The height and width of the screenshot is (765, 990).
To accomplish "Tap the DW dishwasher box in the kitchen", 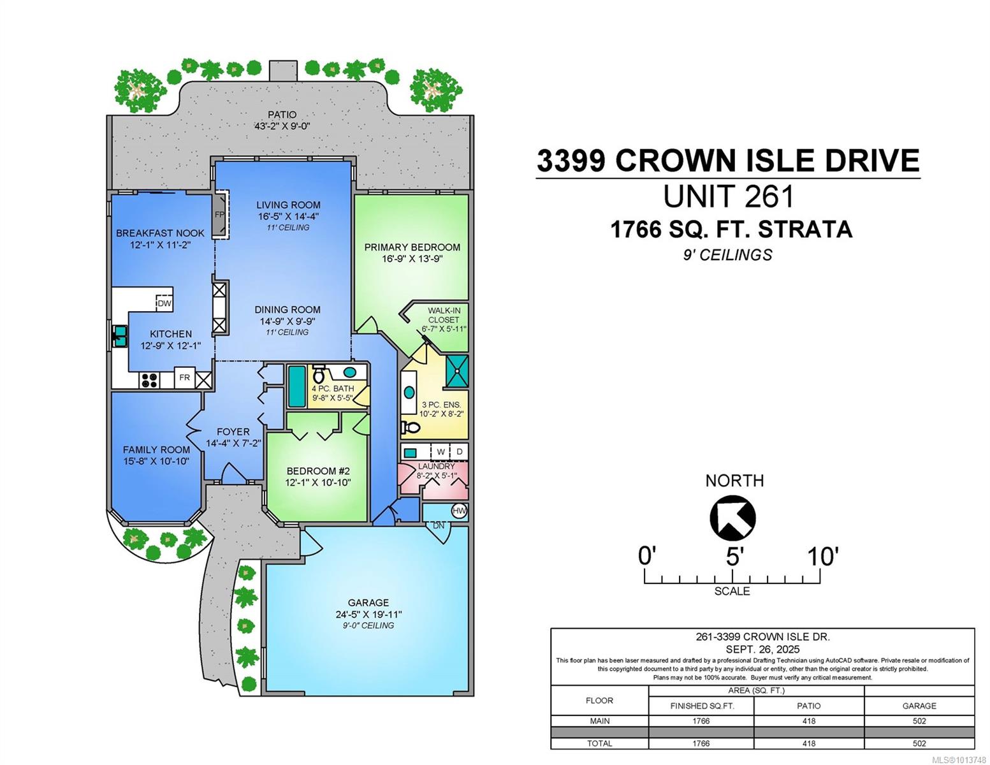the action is coord(164,303).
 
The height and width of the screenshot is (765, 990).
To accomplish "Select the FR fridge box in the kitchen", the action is coord(184,377).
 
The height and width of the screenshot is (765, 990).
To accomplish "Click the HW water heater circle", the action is coord(459,511).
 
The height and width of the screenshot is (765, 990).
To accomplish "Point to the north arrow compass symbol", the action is coord(732,518).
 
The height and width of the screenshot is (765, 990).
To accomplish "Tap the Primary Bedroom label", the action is coord(412,247).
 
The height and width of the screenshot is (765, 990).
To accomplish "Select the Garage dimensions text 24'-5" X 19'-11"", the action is coord(368,614).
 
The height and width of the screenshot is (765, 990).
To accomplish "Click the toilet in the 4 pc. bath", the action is coord(319,374).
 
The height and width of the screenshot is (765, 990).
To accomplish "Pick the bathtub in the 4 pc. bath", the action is coord(296,386).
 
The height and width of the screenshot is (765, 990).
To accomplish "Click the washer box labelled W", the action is coord(440,451).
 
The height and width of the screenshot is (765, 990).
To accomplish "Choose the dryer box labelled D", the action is coord(459,451).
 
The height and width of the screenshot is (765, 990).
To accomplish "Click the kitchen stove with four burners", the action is coord(149,380).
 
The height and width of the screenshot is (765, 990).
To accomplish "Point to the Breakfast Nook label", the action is coord(160,233).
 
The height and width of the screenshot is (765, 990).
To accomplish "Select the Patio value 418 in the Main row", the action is coord(809,721).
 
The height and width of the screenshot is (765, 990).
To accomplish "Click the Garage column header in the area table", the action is coord(919,706).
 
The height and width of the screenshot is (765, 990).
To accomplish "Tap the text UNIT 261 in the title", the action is coord(729,196).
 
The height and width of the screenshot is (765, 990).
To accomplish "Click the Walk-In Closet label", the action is coord(443,315).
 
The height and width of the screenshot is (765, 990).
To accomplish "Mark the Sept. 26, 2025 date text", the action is coord(762,649).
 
